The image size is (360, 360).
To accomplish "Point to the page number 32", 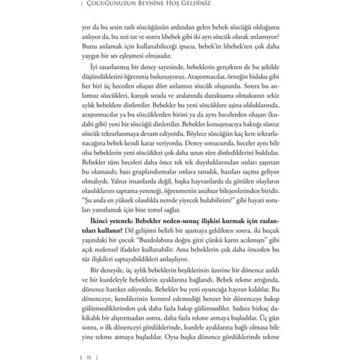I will [x=89, y=357].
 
